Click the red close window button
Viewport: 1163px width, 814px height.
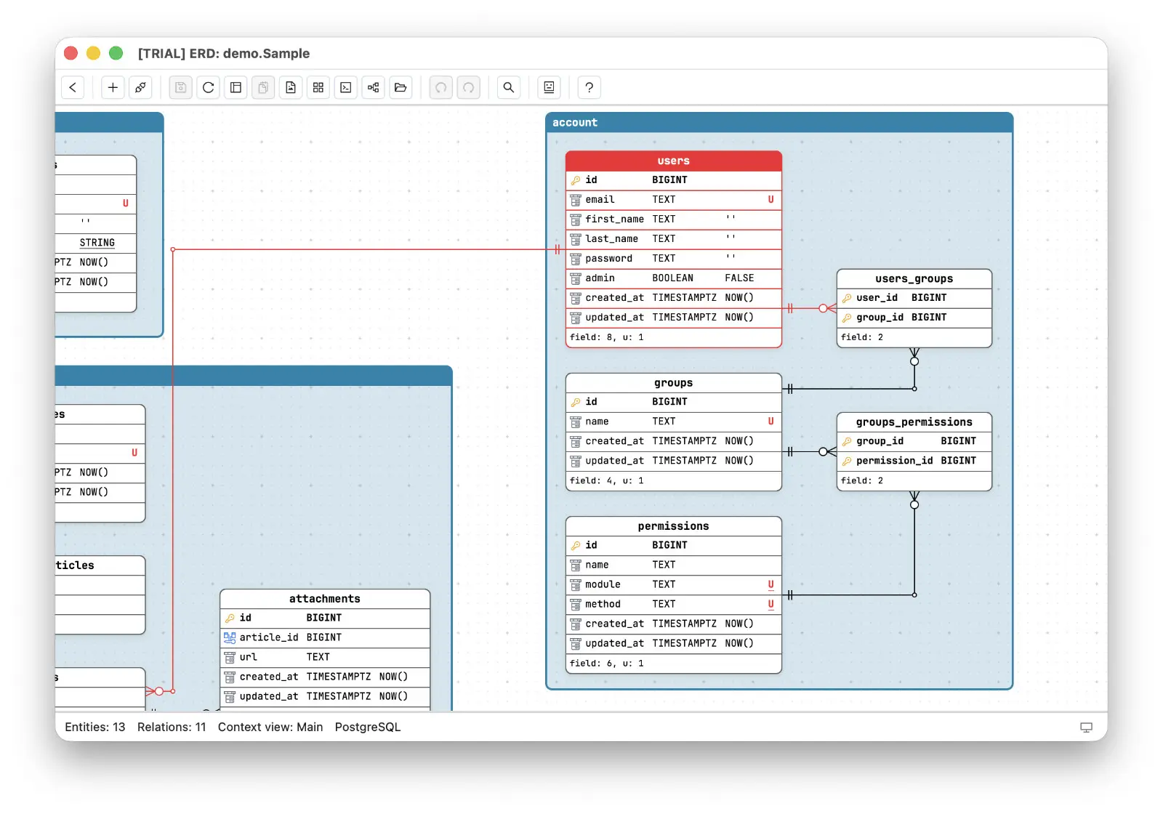click(x=71, y=53)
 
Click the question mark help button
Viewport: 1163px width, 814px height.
click(x=588, y=87)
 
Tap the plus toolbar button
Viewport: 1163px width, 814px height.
click(x=112, y=87)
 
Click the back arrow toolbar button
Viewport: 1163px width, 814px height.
click(x=73, y=87)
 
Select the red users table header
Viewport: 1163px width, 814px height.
click(x=673, y=161)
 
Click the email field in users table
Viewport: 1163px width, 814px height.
click(x=600, y=199)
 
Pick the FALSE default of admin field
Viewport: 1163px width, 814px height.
click(x=739, y=278)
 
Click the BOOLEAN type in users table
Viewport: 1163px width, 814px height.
click(x=672, y=278)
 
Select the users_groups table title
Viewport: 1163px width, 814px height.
click(x=914, y=279)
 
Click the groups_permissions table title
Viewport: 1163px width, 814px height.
click(x=914, y=422)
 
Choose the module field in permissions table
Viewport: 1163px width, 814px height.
click(x=603, y=584)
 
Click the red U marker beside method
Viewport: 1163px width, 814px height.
click(x=770, y=604)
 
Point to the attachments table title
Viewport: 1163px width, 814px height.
click(x=324, y=599)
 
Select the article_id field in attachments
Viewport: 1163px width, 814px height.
click(x=268, y=637)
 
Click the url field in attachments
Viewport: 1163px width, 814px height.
click(x=248, y=657)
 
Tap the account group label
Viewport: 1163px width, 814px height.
click(x=575, y=123)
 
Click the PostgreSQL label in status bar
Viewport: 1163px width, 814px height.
click(x=368, y=727)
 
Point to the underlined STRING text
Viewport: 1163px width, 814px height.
click(x=97, y=243)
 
